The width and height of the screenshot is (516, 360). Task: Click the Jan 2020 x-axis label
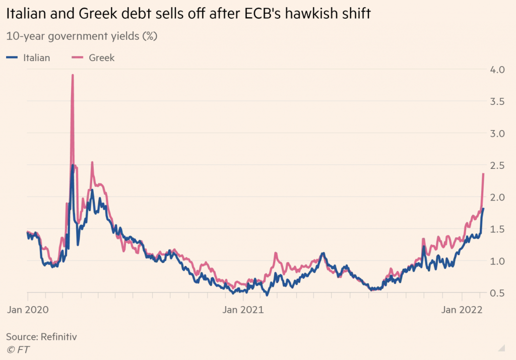(x=28, y=310)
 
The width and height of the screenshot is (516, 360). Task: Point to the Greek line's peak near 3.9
(x=73, y=75)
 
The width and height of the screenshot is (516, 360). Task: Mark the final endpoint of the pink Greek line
(x=483, y=174)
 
